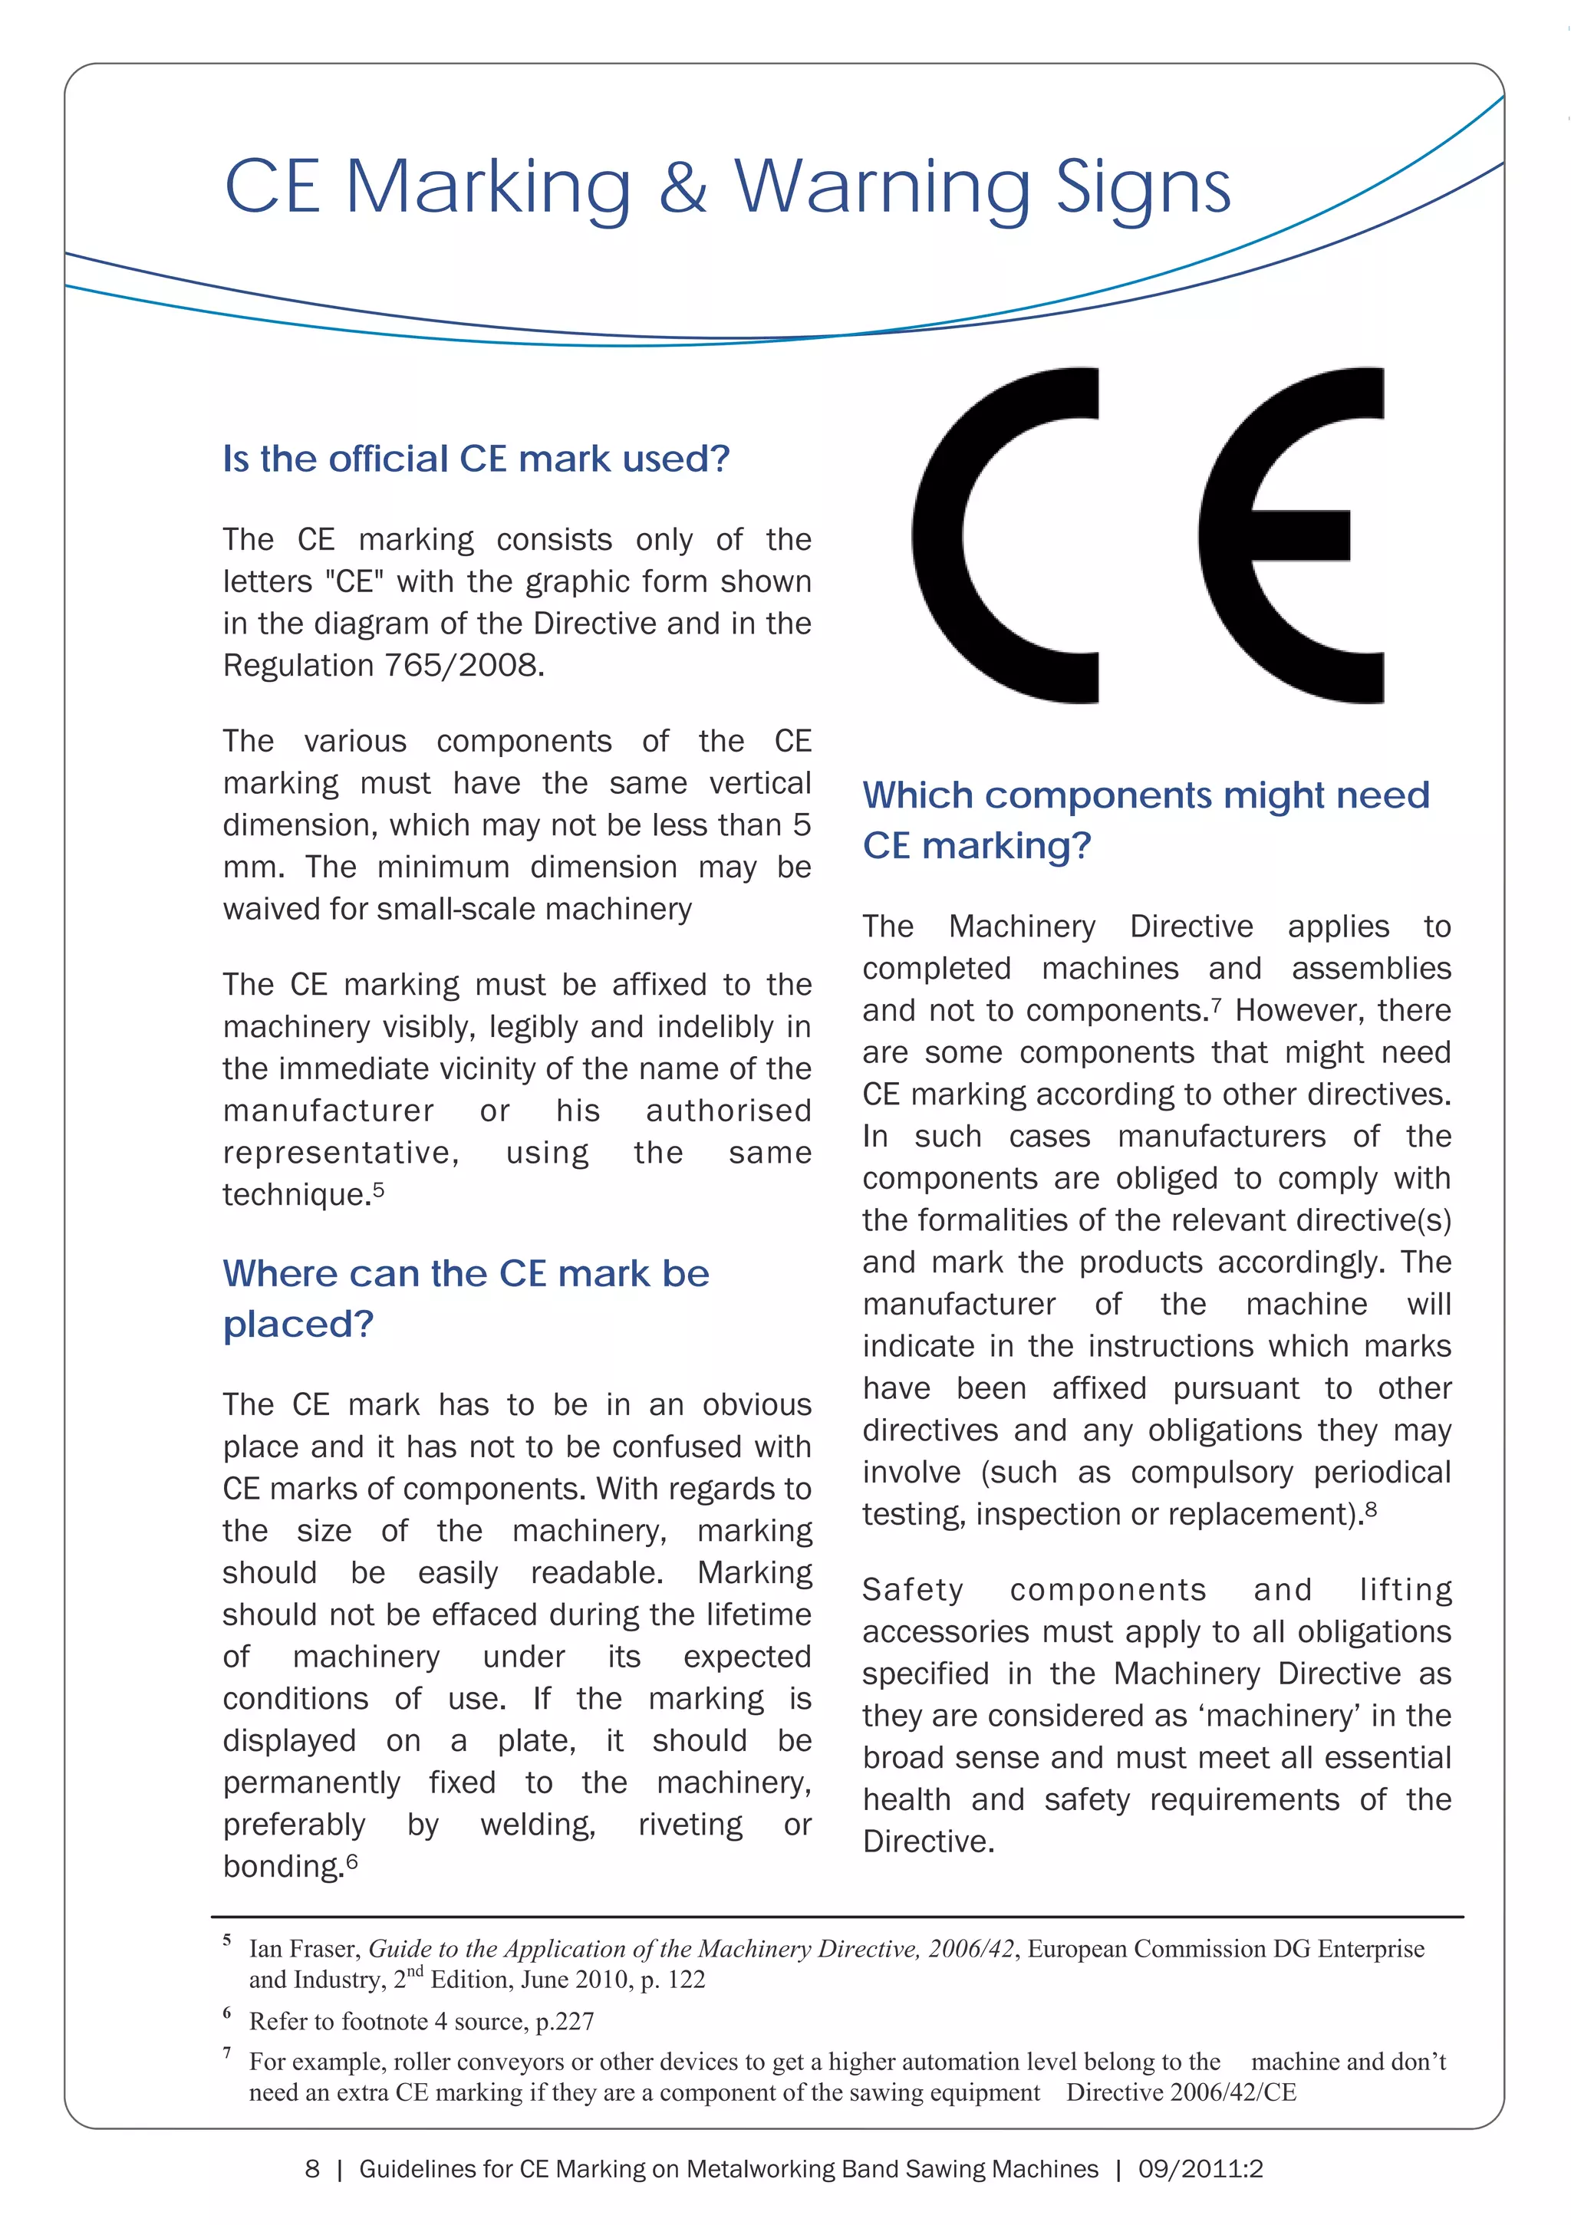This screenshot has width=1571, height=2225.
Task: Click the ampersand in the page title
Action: click(683, 186)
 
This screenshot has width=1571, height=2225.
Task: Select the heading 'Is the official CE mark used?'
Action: click(476, 459)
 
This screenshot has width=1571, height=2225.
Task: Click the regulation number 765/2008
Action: click(463, 666)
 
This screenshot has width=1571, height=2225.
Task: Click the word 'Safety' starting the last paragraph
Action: click(912, 1590)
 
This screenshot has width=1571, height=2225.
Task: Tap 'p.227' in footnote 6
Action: click(564, 2022)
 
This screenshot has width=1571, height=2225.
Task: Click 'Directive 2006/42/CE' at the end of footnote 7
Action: click(1181, 2092)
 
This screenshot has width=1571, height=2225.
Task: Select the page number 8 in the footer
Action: click(312, 2169)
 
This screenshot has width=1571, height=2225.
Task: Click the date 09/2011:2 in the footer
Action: click(1200, 2169)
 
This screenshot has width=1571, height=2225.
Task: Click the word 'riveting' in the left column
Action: click(690, 1825)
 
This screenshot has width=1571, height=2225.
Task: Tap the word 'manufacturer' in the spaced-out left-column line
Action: click(328, 1111)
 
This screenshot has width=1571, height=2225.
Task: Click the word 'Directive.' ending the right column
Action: click(927, 1842)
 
